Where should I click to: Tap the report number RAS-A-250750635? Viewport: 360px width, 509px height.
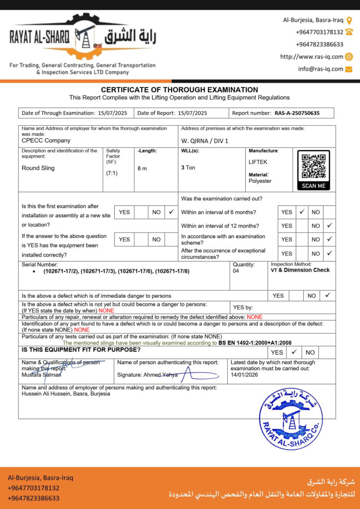tap(297, 113)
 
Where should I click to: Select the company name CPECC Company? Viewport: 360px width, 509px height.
tap(46, 141)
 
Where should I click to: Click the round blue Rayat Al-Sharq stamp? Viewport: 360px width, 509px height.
tap(291, 418)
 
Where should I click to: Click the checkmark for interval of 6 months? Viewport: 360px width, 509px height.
tap(301, 212)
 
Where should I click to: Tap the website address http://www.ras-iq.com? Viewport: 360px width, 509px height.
tap(311, 57)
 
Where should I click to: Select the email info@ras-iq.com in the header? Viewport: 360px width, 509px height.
tap(321, 69)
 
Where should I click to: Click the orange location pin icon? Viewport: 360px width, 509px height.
tap(349, 20)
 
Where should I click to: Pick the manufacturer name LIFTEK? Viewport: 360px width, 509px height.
tap(258, 162)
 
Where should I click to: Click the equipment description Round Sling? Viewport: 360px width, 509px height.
tap(38, 168)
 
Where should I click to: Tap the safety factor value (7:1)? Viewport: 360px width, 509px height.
tap(112, 173)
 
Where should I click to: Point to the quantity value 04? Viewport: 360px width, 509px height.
tap(236, 271)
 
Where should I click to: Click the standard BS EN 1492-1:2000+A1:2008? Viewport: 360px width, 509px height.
tap(255, 343)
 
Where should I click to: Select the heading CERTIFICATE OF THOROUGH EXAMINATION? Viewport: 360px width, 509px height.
tap(180, 90)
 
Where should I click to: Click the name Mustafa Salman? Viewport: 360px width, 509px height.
tap(42, 375)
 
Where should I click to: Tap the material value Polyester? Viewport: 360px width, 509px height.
tap(260, 181)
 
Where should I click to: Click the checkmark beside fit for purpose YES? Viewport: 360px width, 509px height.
tap(294, 352)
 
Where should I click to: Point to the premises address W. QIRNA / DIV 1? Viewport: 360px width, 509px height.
tap(205, 141)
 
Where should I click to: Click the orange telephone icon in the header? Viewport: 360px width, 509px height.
tap(349, 32)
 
